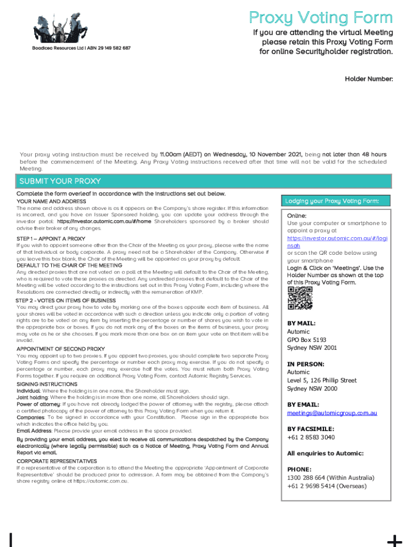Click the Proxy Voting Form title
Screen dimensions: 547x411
pyautogui.click(x=320, y=18)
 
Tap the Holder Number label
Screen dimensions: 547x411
pyautogui.click(x=368, y=79)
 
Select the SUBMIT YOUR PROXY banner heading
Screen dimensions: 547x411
pyautogui.click(x=60, y=181)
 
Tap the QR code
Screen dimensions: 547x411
pyautogui.click(x=299, y=298)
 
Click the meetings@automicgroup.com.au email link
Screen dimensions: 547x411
pyautogui.click(x=332, y=413)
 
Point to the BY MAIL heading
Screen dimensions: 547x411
pyautogui.click(x=301, y=323)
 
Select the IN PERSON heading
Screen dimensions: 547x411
pyautogui.click(x=306, y=364)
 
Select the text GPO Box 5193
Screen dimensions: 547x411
pyautogui.click(x=306, y=339)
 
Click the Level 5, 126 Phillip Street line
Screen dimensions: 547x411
pyautogui.click(x=322, y=380)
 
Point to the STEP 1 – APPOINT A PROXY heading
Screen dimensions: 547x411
pyautogui.click(x=51, y=238)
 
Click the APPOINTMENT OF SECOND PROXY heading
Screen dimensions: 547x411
pyautogui.click(x=60, y=348)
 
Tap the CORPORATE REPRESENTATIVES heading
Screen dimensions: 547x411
pyautogui.click(x=57, y=460)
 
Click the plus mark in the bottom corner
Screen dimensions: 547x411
pyautogui.click(x=394, y=541)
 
